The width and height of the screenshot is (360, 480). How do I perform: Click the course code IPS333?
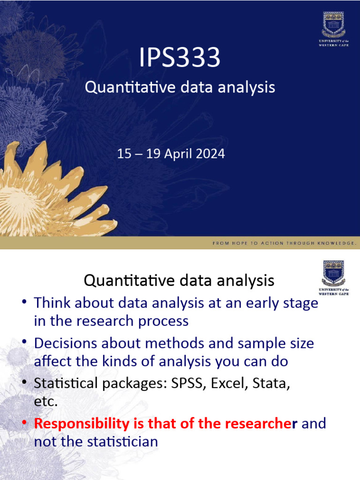point(180,58)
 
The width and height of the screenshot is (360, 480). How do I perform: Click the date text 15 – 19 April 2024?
point(171,154)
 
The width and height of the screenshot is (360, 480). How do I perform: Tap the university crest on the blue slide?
point(333,26)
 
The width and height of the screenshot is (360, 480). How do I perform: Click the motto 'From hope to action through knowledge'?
point(285,243)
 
